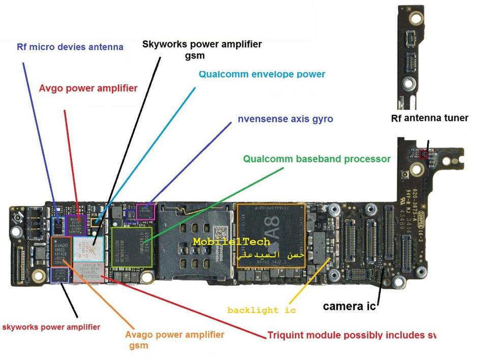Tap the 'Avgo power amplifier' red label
tap(88, 88)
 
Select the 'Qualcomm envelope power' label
tap(262, 74)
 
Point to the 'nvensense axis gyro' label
tap(285, 119)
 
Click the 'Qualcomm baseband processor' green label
tap(317, 159)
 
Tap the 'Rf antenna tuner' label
tap(429, 118)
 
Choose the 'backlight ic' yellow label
tap(261, 310)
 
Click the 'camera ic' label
tap(349, 306)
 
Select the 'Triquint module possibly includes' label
tap(351, 336)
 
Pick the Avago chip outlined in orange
tap(61, 250)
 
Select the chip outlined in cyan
tap(88, 249)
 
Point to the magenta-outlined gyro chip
tap(145, 211)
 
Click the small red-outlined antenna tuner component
tap(423, 153)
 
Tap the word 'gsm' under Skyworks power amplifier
tap(195, 55)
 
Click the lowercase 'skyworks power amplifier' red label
tap(51, 327)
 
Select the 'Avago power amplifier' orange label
tap(174, 335)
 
